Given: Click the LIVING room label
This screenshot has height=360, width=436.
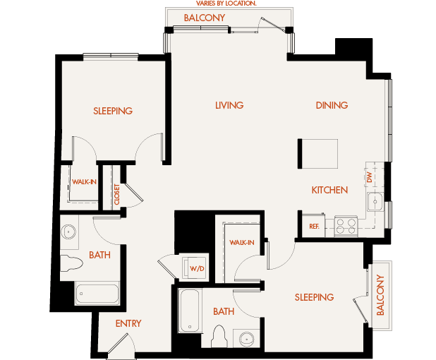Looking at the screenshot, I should pyautogui.click(x=229, y=105).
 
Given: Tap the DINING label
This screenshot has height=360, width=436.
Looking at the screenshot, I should pyautogui.click(x=332, y=105).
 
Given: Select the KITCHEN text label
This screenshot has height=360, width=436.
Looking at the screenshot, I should pyautogui.click(x=329, y=190).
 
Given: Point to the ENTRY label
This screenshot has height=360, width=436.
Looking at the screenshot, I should pyautogui.click(x=128, y=323).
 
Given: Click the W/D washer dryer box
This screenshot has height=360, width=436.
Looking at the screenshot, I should pyautogui.click(x=194, y=268).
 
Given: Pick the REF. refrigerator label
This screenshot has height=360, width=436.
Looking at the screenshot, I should pyautogui.click(x=314, y=227).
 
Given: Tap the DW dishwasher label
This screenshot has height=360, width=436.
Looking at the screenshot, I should pyautogui.click(x=369, y=177).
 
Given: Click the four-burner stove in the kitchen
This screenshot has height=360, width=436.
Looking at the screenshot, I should pyautogui.click(x=345, y=226).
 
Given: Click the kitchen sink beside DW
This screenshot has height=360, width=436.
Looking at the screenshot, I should pyautogui.click(x=375, y=202).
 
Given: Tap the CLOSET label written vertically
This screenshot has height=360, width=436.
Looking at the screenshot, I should pyautogui.click(x=117, y=194).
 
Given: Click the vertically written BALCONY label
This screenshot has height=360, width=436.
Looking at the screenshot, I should pyautogui.click(x=380, y=294).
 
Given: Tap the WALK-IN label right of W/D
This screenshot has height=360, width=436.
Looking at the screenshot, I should pyautogui.click(x=241, y=242).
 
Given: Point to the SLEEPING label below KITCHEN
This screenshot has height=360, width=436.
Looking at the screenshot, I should pyautogui.click(x=314, y=297).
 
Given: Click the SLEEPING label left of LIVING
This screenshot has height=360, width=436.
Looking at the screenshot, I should pyautogui.click(x=113, y=111).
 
